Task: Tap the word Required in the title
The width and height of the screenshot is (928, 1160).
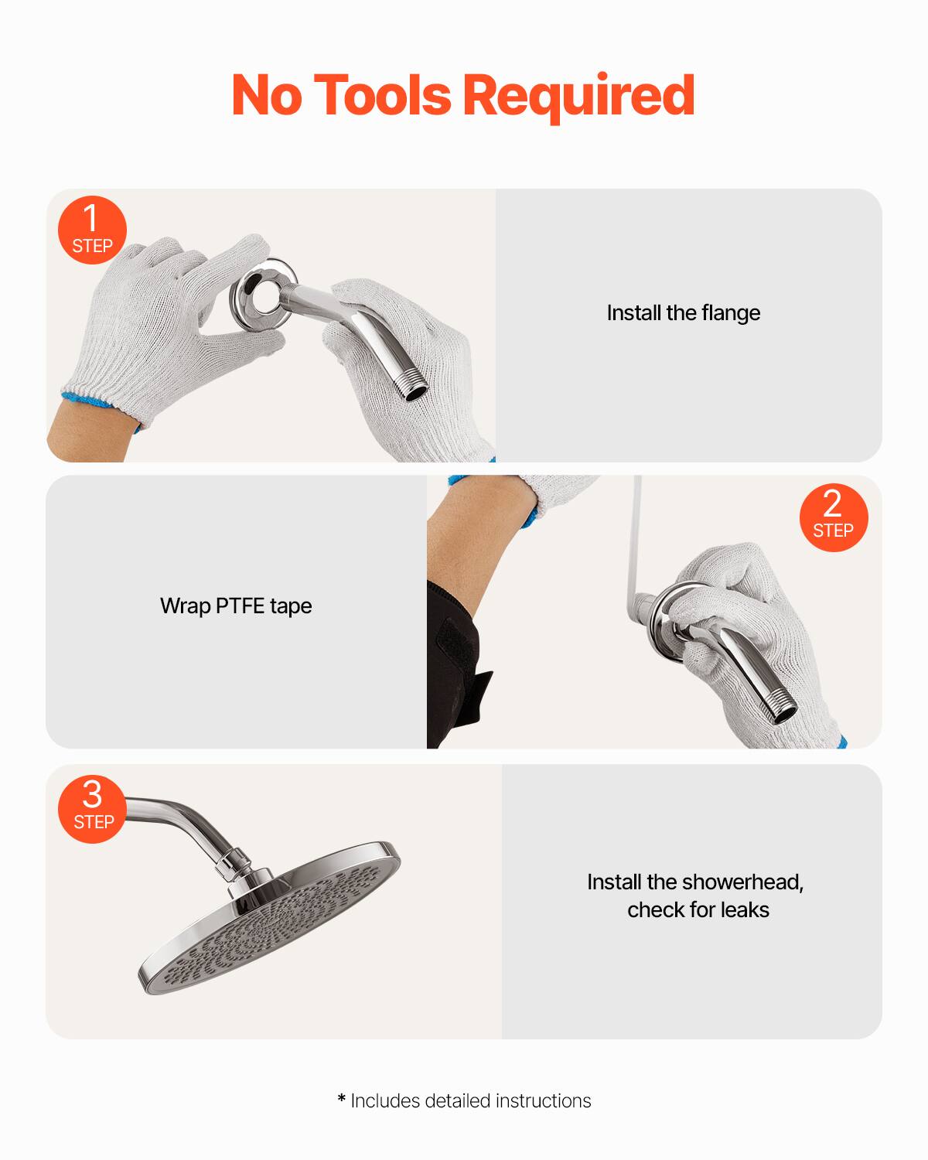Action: (578, 95)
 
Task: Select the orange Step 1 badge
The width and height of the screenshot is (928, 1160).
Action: (92, 230)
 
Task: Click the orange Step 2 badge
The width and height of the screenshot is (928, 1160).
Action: (833, 517)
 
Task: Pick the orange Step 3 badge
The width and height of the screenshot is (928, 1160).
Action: (92, 808)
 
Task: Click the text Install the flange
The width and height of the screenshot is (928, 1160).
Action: (683, 313)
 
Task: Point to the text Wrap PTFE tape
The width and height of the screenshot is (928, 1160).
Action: (236, 606)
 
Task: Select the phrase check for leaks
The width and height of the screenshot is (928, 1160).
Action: (698, 910)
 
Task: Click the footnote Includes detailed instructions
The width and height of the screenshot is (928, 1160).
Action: (470, 1100)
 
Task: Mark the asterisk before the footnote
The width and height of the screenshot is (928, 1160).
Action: (342, 1099)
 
